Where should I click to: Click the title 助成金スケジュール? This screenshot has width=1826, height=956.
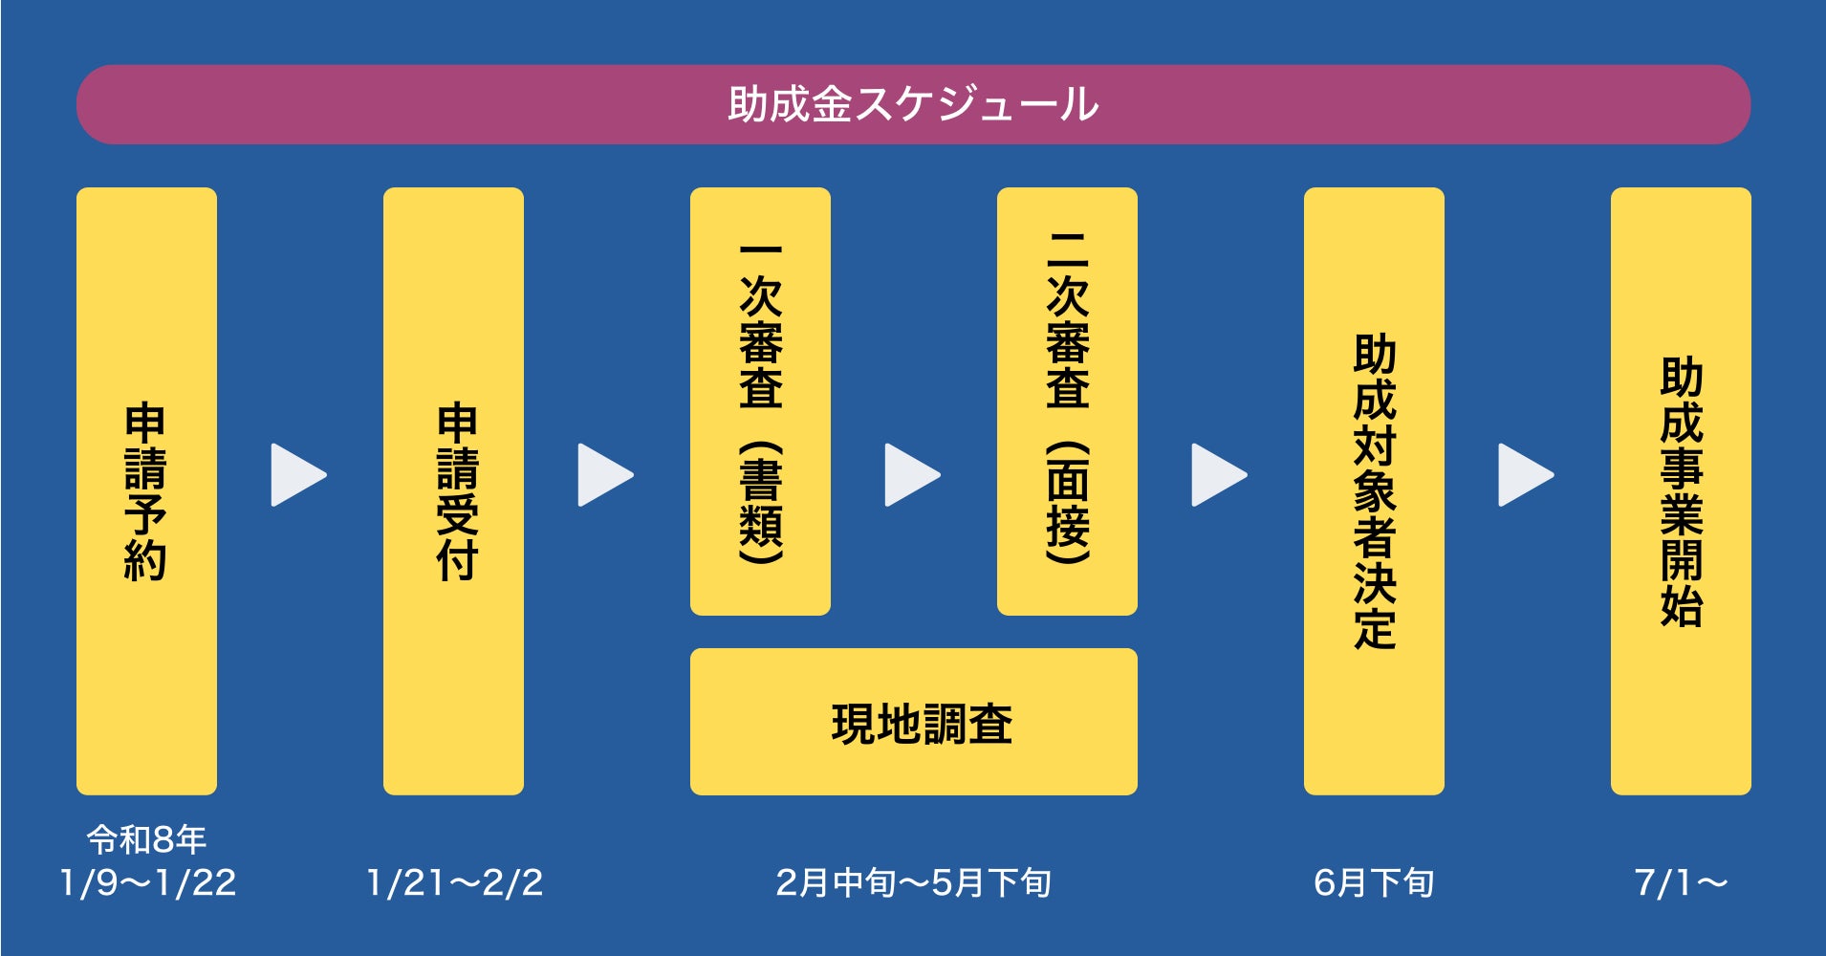(x=913, y=104)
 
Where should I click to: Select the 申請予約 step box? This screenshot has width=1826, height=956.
(x=146, y=490)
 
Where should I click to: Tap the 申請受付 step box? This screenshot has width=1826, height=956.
(x=453, y=490)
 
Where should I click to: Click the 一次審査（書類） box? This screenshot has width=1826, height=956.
(x=760, y=401)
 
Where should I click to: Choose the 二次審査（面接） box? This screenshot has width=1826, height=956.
(x=1067, y=401)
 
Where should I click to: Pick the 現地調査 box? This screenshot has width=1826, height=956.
(x=913, y=722)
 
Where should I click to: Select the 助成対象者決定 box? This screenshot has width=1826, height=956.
(x=1374, y=490)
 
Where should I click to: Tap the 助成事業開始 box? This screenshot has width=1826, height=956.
(x=1681, y=490)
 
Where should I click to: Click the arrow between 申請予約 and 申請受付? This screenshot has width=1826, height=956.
(x=297, y=474)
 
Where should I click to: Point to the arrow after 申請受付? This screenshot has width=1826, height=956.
(x=604, y=474)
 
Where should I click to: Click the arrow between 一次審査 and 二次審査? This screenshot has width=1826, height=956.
(x=911, y=474)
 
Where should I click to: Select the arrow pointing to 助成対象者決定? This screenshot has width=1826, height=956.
(x=1218, y=474)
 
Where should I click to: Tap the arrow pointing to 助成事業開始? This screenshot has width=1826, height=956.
(x=1525, y=474)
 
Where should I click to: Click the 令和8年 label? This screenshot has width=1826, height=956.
(x=146, y=839)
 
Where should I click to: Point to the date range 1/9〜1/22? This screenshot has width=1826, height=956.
(x=147, y=882)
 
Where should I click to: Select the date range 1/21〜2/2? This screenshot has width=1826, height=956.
(x=454, y=882)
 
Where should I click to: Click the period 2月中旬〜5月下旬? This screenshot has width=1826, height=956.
(x=913, y=882)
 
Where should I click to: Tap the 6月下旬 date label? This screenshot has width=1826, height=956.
(x=1374, y=882)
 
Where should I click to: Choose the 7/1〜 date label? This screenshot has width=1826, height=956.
(x=1681, y=882)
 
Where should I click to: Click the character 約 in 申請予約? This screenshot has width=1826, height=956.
(x=145, y=560)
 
